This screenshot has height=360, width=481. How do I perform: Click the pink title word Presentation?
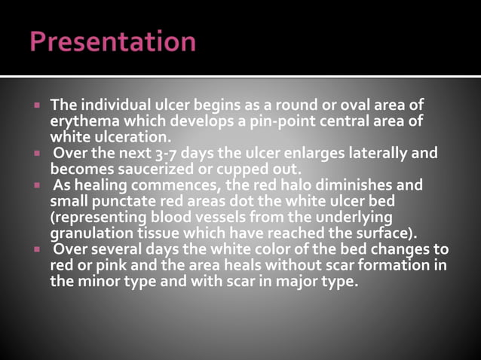112,41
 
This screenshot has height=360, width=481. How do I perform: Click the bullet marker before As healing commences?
35,184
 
